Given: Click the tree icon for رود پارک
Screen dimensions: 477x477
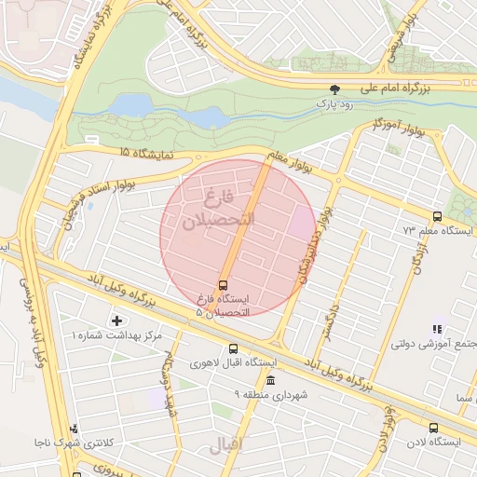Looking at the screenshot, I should coord(334,90).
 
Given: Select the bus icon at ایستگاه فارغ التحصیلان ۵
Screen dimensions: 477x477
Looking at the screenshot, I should coord(224,285).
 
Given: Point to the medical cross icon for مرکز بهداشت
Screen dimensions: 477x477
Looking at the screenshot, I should coord(116,320).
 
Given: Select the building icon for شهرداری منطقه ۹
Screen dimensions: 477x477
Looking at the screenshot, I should coord(270,381).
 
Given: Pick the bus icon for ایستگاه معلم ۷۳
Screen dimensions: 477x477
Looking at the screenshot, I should coord(438,215).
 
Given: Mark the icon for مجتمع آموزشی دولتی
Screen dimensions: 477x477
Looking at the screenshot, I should coord(436,329).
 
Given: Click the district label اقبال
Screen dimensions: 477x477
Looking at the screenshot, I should coord(226,445).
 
